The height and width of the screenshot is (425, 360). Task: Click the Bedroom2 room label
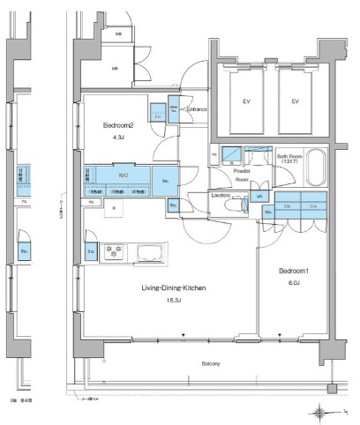(x=117, y=124)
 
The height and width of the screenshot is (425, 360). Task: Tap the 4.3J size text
(x=117, y=138)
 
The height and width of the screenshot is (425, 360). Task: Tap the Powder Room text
(x=243, y=175)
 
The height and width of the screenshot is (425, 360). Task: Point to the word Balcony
(x=210, y=363)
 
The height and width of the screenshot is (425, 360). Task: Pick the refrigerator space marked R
(x=115, y=209)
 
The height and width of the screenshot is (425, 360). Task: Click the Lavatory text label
(x=221, y=195)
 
